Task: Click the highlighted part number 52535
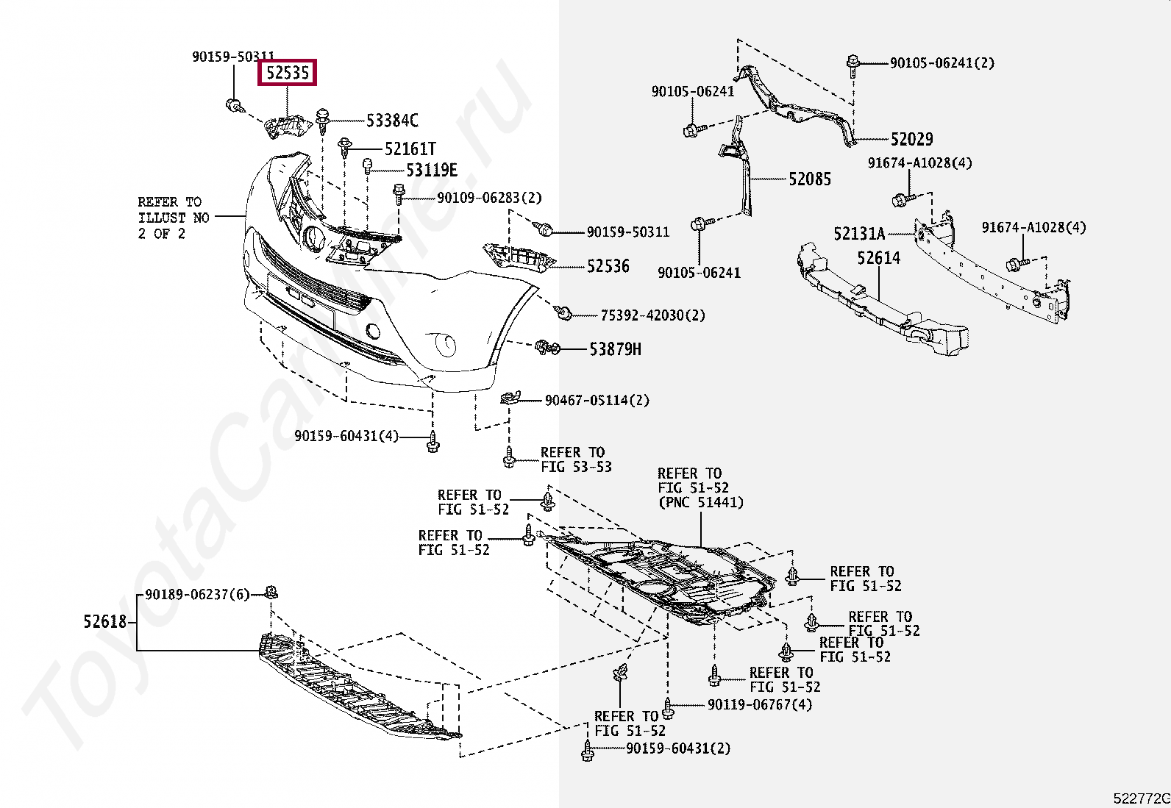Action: pyautogui.click(x=288, y=73)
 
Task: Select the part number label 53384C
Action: pyautogui.click(x=392, y=120)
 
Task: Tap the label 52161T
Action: pyautogui.click(x=410, y=149)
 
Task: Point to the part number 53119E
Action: pyautogui.click(x=432, y=171)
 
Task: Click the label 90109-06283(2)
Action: pyautogui.click(x=488, y=198)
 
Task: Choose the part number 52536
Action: pyautogui.click(x=608, y=266)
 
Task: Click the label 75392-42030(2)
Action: pyautogui.click(x=652, y=315)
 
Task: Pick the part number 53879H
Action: pyautogui.click(x=615, y=349)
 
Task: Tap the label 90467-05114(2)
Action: pyautogui.click(x=597, y=401)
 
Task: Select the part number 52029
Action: pyautogui.click(x=911, y=139)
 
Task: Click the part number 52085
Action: pyautogui.click(x=809, y=179)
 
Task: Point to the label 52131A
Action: pyautogui.click(x=859, y=234)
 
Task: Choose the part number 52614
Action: pyautogui.click(x=878, y=258)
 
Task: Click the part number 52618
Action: pyautogui.click(x=105, y=622)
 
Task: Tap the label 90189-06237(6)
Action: pyautogui.click(x=197, y=594)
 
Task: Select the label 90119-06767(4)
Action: pyautogui.click(x=759, y=704)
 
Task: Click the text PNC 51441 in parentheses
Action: pyautogui.click(x=700, y=503)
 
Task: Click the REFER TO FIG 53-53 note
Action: pyautogui.click(x=575, y=460)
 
